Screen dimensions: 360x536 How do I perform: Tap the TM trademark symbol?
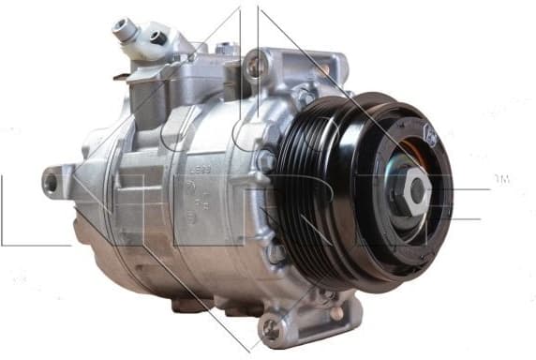tap(501, 178)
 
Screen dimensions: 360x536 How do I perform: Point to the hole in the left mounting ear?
tap(50, 182)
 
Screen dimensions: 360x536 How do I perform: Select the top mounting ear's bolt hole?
tap(255, 65)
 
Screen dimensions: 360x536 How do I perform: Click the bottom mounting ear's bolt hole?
tap(272, 326)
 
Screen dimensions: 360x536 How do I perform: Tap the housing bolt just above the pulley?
tap(305, 97)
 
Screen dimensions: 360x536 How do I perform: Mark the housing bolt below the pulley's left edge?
tap(277, 252)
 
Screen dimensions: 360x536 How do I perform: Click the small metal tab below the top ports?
tap(122, 77)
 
